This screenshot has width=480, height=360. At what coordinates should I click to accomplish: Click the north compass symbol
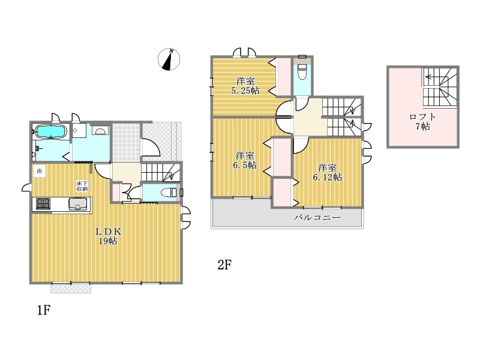(169, 59)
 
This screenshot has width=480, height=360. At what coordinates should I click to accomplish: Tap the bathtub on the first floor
(51, 131)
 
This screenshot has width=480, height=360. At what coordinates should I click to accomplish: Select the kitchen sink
(78, 204)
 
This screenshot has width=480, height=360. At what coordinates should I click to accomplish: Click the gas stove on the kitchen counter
(43, 204)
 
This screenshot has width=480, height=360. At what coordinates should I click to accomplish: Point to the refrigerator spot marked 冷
(40, 171)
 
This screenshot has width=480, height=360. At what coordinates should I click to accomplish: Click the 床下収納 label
(82, 186)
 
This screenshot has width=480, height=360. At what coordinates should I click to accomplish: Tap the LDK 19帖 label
(108, 236)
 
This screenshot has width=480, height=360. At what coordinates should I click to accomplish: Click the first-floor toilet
(169, 193)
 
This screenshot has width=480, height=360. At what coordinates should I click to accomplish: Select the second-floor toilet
(302, 71)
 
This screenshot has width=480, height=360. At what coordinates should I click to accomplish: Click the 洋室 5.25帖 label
(245, 86)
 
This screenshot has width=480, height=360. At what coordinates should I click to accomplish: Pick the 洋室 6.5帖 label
(245, 160)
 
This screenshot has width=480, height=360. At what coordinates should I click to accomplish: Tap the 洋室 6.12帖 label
(327, 172)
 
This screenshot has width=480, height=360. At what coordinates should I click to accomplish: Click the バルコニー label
(317, 218)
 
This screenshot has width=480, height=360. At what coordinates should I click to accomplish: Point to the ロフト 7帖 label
(423, 122)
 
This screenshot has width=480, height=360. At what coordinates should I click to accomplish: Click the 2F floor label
(224, 265)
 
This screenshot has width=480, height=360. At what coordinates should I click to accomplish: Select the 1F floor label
(44, 310)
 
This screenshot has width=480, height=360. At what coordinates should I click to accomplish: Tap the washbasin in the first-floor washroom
(100, 131)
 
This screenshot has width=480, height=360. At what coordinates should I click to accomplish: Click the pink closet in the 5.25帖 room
(283, 77)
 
